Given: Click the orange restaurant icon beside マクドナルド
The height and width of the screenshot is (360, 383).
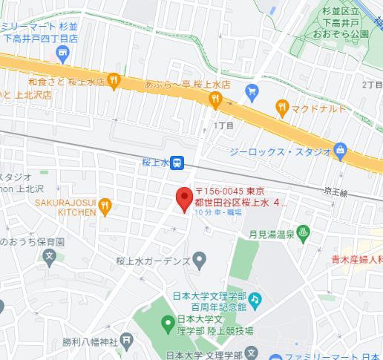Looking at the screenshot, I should (x=281, y=107).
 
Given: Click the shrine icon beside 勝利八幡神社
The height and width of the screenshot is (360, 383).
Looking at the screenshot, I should (x=127, y=341).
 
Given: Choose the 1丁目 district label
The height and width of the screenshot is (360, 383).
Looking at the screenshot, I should (x=223, y=125).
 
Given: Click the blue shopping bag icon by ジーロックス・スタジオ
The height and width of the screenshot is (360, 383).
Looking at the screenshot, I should (x=340, y=151).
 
